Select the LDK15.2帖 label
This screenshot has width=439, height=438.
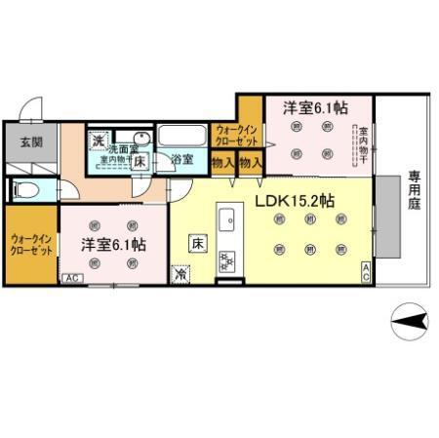click(x=295, y=201)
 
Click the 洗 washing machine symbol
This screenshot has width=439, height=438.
click(x=98, y=141)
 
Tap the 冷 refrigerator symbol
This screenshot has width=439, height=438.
click(x=181, y=275)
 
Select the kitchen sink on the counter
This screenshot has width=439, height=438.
click(x=226, y=218)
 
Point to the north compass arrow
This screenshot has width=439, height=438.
click(x=410, y=318)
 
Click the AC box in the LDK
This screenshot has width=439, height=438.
click(x=365, y=272)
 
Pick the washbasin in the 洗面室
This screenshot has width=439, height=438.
click(x=141, y=138)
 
